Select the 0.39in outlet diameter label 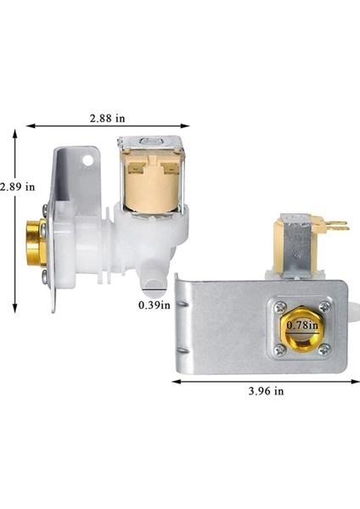155,305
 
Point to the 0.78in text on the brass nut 296,324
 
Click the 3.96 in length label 267,391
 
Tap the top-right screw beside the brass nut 323,305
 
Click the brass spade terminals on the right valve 337,227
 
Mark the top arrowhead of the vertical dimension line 17,133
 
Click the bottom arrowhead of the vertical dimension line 17,310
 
